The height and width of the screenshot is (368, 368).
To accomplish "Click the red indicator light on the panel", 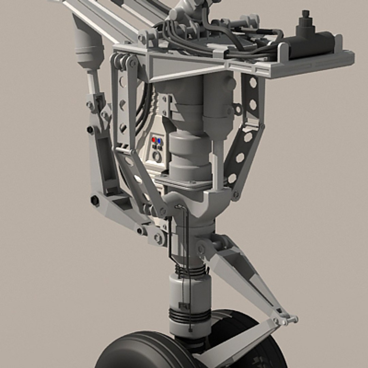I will point(154,140).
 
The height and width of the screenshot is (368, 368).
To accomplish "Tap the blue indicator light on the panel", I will point(159,140).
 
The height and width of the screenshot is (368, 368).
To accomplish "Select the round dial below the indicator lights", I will point(157,156).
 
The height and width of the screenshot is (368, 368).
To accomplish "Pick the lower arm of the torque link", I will point(239,344).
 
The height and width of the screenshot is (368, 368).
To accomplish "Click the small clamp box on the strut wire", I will point(184,305).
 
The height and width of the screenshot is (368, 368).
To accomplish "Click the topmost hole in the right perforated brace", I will point(253,82).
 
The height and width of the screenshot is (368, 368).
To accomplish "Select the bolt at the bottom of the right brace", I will point(235,195).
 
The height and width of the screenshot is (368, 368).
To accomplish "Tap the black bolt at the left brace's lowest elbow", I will point(95,200).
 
